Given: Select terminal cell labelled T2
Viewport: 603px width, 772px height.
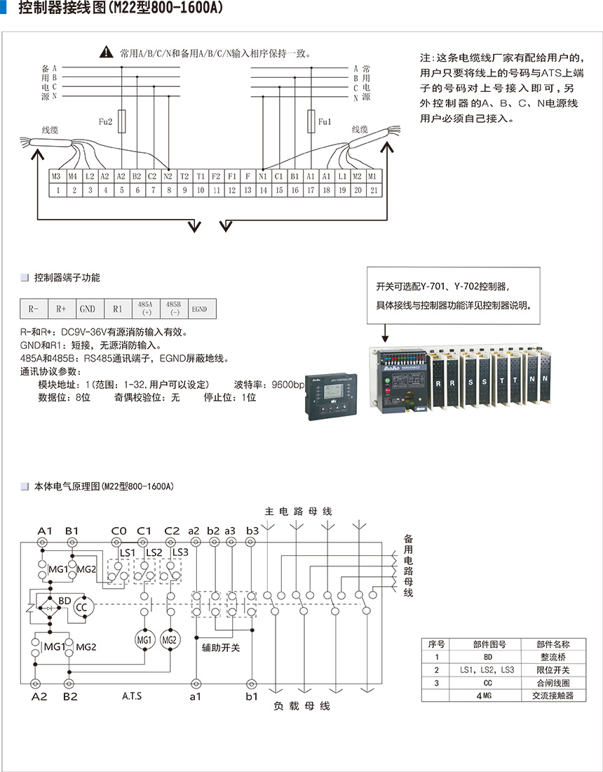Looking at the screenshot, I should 184,177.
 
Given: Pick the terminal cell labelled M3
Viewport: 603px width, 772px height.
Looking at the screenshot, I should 57,177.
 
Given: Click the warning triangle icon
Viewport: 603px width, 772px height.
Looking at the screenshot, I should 106,51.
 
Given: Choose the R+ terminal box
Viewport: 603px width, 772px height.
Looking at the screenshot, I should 61,309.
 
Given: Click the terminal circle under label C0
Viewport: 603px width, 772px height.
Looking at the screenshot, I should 118,543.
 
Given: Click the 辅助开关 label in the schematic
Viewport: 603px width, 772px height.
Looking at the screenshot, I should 220,647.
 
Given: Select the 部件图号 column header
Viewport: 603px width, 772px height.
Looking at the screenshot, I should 487,644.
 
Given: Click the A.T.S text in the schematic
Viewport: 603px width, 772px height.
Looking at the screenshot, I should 132,696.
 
